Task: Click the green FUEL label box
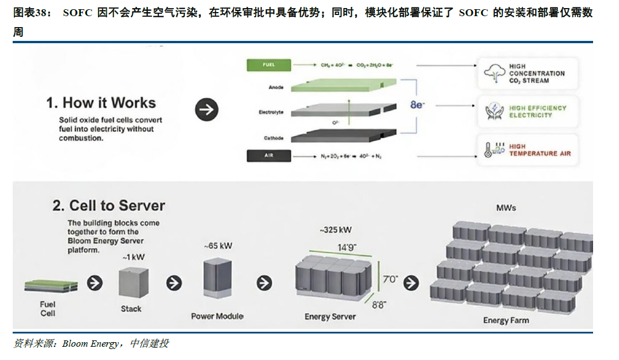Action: point(268,65)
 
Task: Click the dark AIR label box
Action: point(268,156)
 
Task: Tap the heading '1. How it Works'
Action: point(101,103)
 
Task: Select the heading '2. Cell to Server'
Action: point(109,206)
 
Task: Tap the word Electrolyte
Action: point(271,112)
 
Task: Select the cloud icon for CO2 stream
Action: point(493,74)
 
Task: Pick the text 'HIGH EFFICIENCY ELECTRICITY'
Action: point(537,112)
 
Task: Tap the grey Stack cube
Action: point(133,283)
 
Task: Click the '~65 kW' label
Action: point(218,246)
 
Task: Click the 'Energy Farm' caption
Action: point(506,321)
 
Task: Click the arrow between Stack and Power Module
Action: point(174,283)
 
